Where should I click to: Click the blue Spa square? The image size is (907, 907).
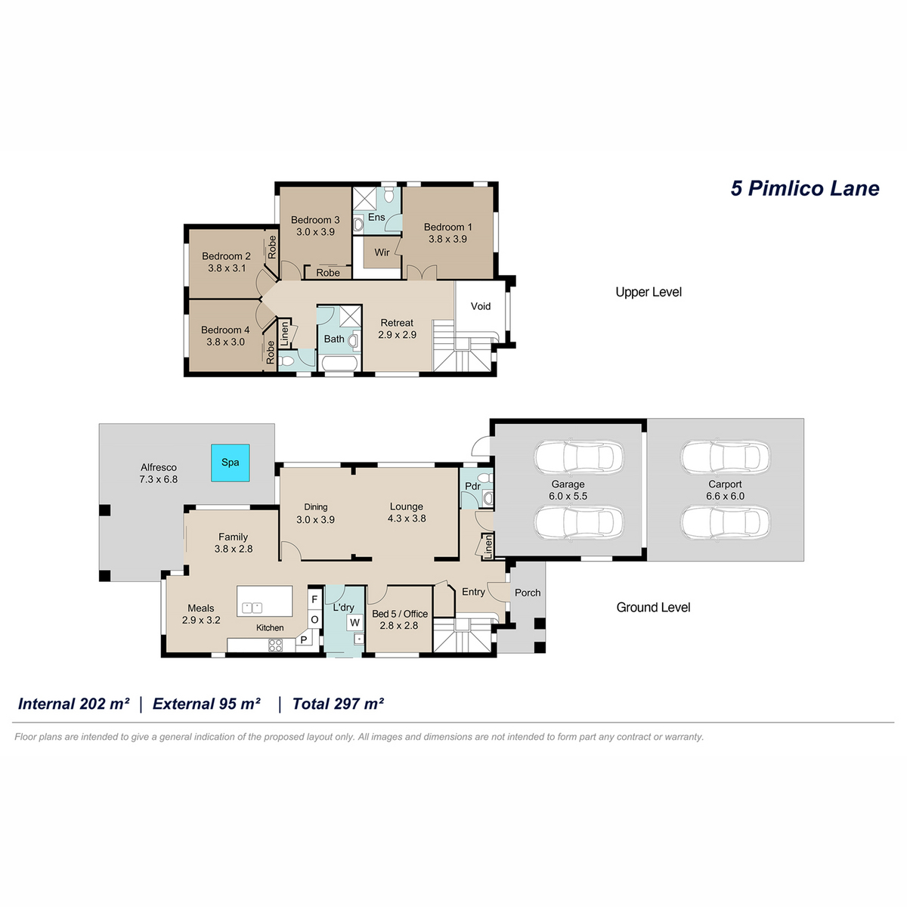click(230, 463)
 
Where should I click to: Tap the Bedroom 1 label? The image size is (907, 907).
click(447, 227)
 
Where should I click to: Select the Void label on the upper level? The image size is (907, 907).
click(480, 306)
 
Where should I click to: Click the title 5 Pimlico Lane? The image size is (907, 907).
click(804, 188)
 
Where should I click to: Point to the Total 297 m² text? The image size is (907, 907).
click(337, 704)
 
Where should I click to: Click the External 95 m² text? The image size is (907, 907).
click(206, 704)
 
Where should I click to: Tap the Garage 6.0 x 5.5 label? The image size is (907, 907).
click(568, 490)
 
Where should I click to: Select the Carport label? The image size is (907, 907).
click(725, 484)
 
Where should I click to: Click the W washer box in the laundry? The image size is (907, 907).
click(355, 622)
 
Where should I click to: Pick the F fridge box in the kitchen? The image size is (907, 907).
click(314, 599)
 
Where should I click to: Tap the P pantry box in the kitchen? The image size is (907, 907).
click(304, 639)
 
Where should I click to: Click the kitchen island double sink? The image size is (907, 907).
click(252, 608)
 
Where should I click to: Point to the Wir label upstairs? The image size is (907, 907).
click(382, 252)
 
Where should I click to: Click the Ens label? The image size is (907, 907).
click(376, 218)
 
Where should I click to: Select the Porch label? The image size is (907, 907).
click(527, 593)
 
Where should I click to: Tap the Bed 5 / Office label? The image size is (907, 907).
click(400, 614)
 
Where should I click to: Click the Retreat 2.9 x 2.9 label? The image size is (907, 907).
click(397, 329)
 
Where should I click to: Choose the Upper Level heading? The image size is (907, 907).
click(648, 293)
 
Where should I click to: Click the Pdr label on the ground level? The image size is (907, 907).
click(472, 486)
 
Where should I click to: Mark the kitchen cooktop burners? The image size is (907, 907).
click(275, 645)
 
